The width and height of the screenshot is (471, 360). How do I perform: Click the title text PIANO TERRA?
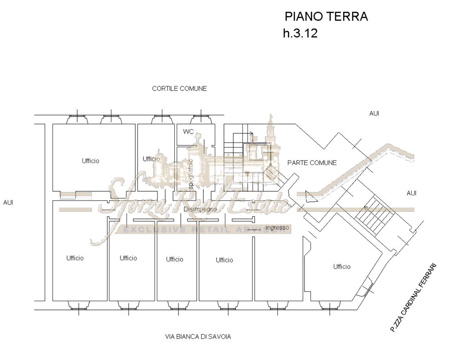(x=326, y=17)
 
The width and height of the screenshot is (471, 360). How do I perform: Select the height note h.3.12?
(x=300, y=34)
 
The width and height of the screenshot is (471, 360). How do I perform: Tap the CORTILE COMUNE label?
(x=179, y=88)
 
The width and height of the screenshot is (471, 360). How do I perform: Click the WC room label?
(x=188, y=131)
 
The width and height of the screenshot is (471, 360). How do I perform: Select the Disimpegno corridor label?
(x=200, y=209)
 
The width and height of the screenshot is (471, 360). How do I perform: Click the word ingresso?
(x=277, y=228)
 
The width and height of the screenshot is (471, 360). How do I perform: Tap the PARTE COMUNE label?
(x=312, y=163)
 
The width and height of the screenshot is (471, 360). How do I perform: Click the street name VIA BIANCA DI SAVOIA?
(x=198, y=337)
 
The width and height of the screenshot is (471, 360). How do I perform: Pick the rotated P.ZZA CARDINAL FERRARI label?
(x=413, y=298)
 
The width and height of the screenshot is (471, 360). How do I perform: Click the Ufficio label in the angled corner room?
(x=342, y=267)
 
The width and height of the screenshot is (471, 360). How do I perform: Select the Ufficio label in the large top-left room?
(x=91, y=161)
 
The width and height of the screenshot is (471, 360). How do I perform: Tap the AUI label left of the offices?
(x=8, y=202)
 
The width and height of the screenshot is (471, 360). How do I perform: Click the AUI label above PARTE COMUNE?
(x=374, y=113)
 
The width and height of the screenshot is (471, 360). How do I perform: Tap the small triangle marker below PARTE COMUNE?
(x=311, y=196)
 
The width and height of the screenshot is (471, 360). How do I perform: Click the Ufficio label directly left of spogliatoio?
(x=151, y=159)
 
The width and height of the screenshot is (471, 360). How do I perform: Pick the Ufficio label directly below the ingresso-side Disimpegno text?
(x=224, y=260)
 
